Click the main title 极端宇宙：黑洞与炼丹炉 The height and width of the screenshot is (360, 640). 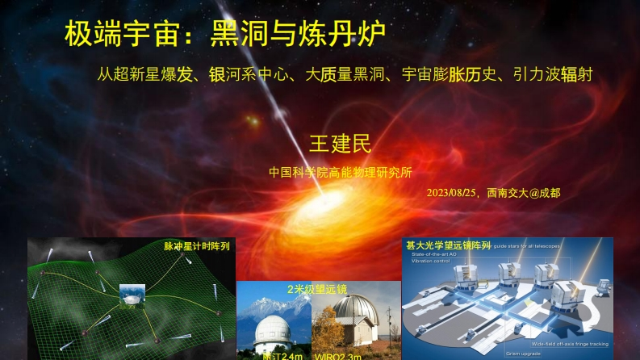click(225, 35)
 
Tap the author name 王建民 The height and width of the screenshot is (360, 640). click(340, 144)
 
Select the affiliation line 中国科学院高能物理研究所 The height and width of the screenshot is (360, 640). click(340, 172)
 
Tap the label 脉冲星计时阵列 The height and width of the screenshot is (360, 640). click(197, 245)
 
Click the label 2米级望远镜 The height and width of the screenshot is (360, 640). click(316, 288)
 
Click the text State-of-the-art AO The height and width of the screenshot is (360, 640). click(436, 254)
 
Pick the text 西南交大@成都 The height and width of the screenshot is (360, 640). click(524, 194)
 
